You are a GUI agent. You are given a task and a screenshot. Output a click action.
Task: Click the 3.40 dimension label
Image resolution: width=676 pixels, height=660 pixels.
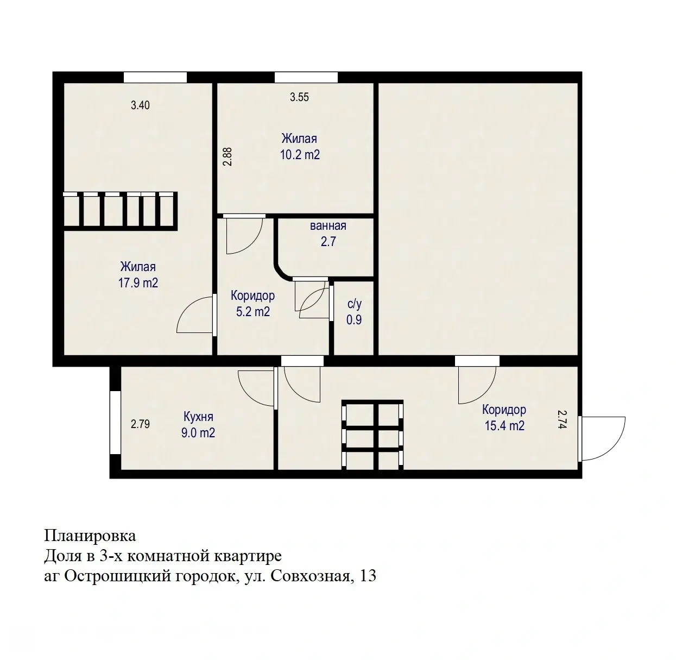[x=140, y=105]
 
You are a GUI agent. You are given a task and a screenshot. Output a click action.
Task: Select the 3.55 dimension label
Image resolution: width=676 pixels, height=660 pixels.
[x=299, y=97]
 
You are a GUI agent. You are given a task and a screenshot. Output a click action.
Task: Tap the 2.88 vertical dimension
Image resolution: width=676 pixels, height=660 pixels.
[x=228, y=156]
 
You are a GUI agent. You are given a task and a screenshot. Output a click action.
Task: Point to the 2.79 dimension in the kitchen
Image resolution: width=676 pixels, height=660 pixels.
[x=140, y=424]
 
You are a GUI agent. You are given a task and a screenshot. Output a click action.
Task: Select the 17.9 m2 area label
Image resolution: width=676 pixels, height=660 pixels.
[x=138, y=283]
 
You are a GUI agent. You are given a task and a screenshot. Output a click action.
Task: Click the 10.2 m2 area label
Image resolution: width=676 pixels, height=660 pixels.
[x=300, y=155]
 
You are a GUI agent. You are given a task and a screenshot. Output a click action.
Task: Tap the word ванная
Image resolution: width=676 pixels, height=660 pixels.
[x=328, y=226]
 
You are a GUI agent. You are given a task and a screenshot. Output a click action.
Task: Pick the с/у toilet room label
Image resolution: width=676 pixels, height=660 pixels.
[x=354, y=304]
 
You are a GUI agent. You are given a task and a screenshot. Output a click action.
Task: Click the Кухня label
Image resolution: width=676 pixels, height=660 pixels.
[x=198, y=417]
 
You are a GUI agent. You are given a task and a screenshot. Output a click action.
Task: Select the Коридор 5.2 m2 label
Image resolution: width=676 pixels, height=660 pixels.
[x=252, y=304]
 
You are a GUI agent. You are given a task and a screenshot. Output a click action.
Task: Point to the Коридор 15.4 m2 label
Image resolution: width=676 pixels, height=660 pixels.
[x=504, y=418]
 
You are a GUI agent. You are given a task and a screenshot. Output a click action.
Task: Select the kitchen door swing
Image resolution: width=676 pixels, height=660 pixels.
[x=257, y=387]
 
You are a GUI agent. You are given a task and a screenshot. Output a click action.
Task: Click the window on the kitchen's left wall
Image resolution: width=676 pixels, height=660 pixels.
[x=115, y=423]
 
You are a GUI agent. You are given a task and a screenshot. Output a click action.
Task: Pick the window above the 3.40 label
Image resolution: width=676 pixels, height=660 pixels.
[x=155, y=78]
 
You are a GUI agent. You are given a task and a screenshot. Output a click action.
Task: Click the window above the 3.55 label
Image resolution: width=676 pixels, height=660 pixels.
[x=306, y=78]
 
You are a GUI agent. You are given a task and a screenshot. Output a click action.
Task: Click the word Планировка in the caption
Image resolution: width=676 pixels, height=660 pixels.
[x=90, y=536]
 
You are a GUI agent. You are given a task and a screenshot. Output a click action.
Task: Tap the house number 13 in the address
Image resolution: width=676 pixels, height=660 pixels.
[x=368, y=576]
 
